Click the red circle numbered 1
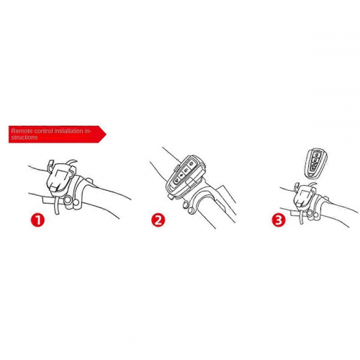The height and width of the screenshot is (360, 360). [x=38, y=220]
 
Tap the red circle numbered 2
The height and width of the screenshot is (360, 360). [x=158, y=220]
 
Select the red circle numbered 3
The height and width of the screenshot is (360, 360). [x=279, y=220]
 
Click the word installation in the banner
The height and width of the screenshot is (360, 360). [x=69, y=131]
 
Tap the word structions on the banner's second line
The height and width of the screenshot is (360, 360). [x=24, y=138]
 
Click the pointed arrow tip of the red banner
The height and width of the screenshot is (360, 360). [x=107, y=134]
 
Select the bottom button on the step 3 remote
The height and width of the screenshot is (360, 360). [x=314, y=167]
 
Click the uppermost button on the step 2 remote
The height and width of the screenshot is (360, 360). [x=192, y=164]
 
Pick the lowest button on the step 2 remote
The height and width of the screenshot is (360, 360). [x=176, y=180]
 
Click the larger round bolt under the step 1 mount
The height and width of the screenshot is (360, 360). [x=68, y=200]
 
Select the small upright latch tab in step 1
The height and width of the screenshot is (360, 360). [x=50, y=165]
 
